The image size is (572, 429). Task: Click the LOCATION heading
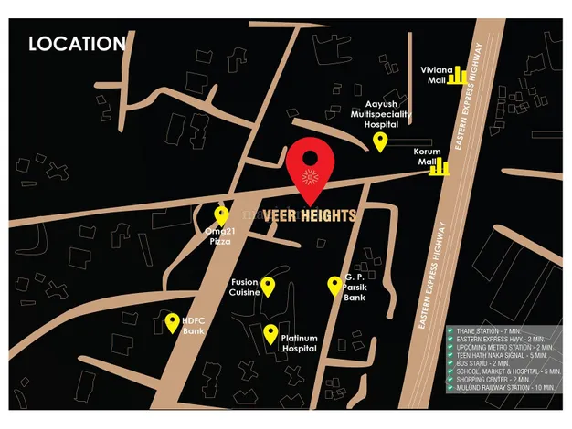coord(77,44)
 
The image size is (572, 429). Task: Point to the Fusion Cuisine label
coord(244,288)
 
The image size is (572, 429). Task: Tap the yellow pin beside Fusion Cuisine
coord(268,287)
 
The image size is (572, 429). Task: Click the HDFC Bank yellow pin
coord(172,322)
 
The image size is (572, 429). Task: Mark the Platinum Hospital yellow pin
coord(270,333)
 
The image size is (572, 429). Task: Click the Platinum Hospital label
coord(299,343)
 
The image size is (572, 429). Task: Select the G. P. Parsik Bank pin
coord(334,286)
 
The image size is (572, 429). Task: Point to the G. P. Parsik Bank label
coord(355,287)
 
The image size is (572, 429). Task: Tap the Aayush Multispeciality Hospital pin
coord(380,141)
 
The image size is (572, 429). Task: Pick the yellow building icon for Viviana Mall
coord(456,75)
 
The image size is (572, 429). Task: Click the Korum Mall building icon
coord(441,165)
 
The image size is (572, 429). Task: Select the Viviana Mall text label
coord(432,75)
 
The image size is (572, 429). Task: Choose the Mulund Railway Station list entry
coord(503,388)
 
